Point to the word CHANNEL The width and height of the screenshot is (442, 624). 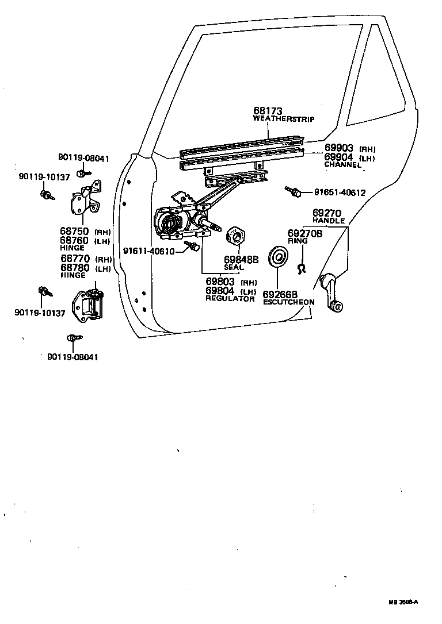point(343,165)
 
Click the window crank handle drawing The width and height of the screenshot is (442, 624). point(331,292)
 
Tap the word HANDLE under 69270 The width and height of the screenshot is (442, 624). point(329,221)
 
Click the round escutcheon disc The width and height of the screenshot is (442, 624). point(278,256)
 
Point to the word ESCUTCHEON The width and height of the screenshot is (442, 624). point(288,302)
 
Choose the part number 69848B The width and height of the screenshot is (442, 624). point(241,260)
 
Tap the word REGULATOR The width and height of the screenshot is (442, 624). point(230,299)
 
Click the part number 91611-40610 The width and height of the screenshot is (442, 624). point(149,251)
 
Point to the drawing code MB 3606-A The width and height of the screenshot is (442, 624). point(402,602)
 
